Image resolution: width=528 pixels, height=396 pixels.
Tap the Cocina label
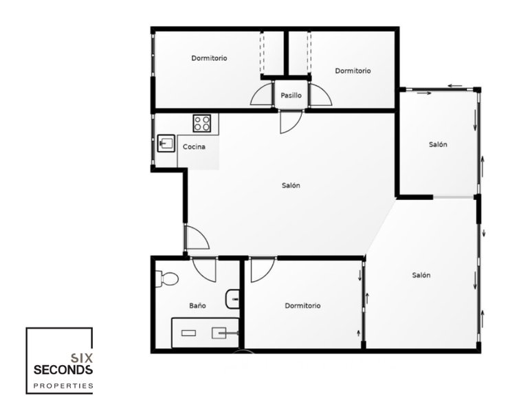pyautogui.click(x=193, y=146)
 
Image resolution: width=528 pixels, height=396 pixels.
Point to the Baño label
pyautogui.click(x=197, y=306)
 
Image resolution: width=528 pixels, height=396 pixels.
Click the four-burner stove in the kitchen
pyautogui.click(x=201, y=123)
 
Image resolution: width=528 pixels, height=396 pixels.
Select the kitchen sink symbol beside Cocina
pyautogui.click(x=166, y=143)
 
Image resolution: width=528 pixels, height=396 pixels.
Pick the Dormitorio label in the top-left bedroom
pyautogui.click(x=209, y=58)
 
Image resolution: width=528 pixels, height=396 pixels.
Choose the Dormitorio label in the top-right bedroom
pyautogui.click(x=353, y=71)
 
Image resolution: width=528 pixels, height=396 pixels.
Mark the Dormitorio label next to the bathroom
pyautogui.click(x=302, y=306)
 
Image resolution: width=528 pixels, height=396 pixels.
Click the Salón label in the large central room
pyautogui.click(x=291, y=186)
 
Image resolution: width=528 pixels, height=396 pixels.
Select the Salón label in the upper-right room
pyautogui.click(x=438, y=144)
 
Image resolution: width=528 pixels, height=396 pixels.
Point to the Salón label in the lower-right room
pyautogui.click(x=421, y=275)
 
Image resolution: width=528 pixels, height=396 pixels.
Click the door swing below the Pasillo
pyautogui.click(x=289, y=121)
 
